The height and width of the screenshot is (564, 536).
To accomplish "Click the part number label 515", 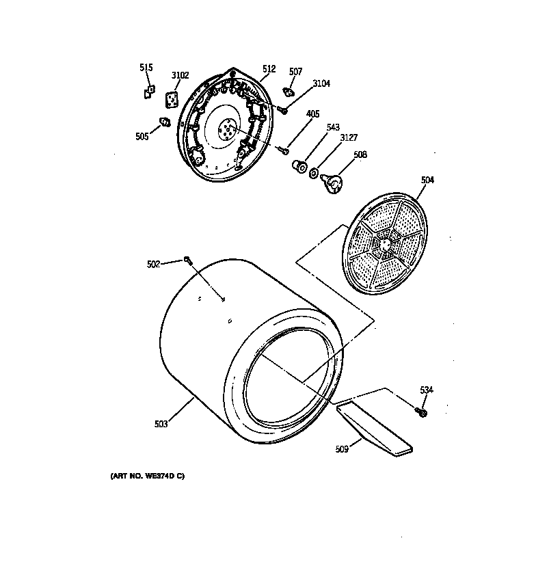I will [146, 68].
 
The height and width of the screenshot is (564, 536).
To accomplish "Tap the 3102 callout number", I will [180, 75].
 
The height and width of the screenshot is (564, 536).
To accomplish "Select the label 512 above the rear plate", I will [269, 69].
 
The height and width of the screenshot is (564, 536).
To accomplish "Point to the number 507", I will [295, 71].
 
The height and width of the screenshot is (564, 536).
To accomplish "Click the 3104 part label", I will [321, 83].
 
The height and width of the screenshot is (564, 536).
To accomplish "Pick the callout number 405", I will [312, 113].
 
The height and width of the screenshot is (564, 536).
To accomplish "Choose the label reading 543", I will [333, 128].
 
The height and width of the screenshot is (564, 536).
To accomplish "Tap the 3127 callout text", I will [349, 137].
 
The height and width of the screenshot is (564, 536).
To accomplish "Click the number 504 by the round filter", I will [427, 180].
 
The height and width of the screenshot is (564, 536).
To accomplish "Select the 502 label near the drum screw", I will [154, 264].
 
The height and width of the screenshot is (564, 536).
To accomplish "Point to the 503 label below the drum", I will [161, 425].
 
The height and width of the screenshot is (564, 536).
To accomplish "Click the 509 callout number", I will [343, 449].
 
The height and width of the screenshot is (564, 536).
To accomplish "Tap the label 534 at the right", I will [427, 390].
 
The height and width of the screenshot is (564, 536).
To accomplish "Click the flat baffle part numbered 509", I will [373, 429].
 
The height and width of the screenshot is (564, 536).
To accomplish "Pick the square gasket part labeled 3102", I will [174, 100].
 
